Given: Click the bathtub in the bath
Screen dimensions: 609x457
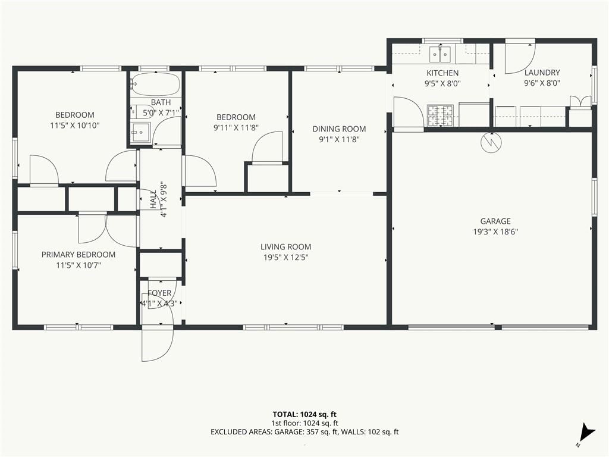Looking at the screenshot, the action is pos(155,84).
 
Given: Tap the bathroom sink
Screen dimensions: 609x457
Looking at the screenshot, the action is pos(140,133).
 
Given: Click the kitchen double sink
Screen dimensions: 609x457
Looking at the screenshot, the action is pos(440,54).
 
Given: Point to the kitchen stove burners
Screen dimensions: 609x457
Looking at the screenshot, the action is pos(441,115).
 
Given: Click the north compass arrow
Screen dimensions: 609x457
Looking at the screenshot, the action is pos(587,432).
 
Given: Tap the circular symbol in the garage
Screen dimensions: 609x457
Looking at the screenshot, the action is pos(491,142).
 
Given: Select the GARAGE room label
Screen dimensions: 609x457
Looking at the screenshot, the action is pos(495,221).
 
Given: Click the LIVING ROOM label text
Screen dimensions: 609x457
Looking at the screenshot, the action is pos(286,247).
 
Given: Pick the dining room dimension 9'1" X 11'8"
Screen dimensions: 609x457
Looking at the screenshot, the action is pos(339,139).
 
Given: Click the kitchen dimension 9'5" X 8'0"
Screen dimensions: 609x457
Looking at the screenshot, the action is pos(442,83).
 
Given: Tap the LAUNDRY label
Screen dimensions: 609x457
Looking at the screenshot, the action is pos(542,72).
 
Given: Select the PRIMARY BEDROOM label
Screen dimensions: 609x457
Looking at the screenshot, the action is pos(79,255).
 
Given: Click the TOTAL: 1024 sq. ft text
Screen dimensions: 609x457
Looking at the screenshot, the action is pos(304,414).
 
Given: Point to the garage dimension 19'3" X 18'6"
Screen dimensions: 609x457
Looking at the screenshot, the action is pos(495,231).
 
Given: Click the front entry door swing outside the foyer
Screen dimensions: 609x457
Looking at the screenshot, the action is pos(157,345).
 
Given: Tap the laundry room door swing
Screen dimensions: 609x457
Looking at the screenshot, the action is pos(520,58).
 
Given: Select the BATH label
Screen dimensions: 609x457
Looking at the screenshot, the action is pos(161,102).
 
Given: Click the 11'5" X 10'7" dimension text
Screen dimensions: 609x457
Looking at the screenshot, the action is pos(79,265).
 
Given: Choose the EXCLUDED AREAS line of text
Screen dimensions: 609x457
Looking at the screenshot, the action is pos(304,432).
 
